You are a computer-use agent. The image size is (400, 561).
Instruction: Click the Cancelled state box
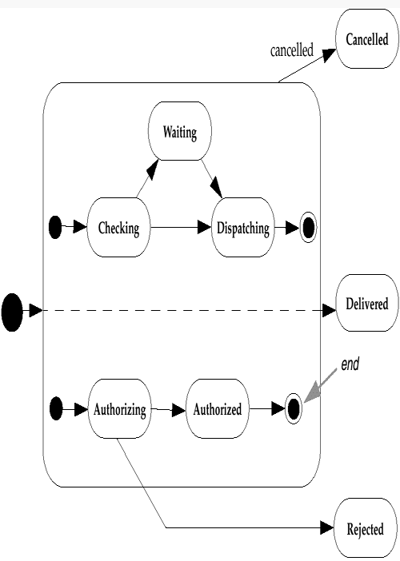point(366,39)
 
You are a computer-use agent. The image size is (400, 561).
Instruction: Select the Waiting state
point(179,132)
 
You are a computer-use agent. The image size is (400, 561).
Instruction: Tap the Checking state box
point(118,228)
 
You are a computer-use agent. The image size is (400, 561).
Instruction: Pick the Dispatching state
point(242,228)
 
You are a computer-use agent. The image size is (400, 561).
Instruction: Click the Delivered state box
point(366,303)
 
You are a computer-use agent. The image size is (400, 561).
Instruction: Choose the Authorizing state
point(119,410)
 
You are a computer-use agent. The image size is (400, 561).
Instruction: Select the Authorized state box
point(217,410)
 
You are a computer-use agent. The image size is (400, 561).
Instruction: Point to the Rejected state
point(365,528)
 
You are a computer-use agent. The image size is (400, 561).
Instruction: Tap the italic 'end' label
point(350,364)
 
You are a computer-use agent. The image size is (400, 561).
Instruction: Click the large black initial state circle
point(12,312)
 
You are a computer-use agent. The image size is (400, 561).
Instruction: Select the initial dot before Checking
point(55,228)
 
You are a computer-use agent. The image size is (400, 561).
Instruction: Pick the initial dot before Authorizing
point(55,410)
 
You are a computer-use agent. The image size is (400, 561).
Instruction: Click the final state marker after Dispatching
point(307,228)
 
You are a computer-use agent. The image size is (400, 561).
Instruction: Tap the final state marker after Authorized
point(294,410)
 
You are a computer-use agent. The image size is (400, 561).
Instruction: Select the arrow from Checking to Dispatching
point(180,228)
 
